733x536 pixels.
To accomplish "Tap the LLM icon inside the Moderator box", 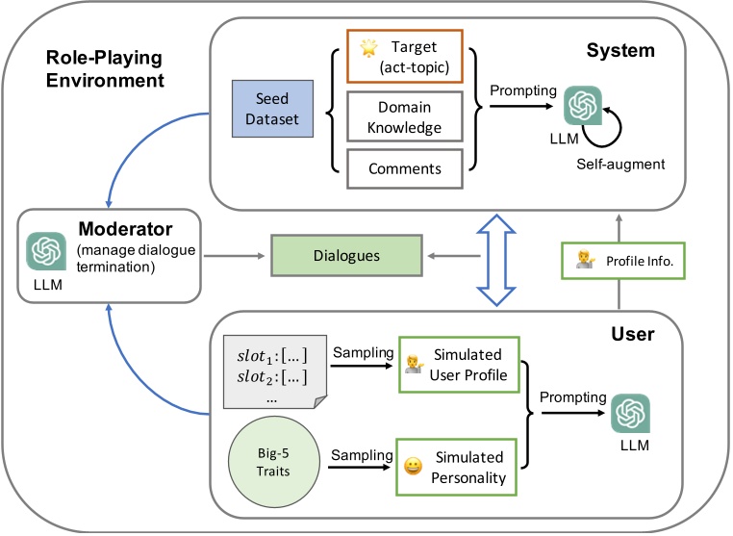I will [x=45, y=251].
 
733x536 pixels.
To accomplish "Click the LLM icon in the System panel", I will [x=582, y=104].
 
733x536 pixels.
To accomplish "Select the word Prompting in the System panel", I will [x=522, y=90].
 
